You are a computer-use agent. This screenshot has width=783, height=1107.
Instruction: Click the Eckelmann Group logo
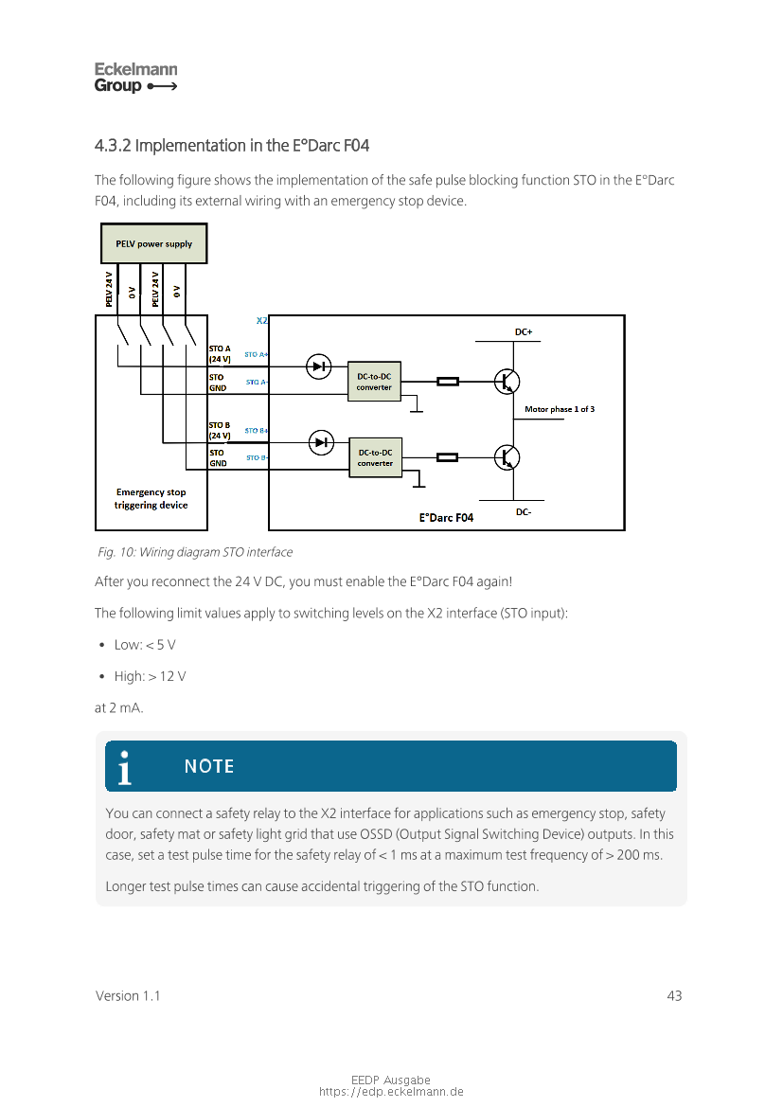click(135, 78)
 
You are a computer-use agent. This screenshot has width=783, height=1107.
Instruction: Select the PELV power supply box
click(153, 244)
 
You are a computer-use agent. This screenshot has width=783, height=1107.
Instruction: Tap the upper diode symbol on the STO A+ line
click(320, 366)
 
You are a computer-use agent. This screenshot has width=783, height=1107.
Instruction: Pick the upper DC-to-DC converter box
click(374, 382)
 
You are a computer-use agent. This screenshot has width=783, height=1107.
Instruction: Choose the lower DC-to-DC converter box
click(375, 457)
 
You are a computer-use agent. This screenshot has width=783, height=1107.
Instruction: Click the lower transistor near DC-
click(507, 457)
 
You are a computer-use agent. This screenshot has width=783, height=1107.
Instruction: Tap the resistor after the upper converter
click(447, 382)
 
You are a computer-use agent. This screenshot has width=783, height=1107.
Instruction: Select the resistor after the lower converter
click(447, 457)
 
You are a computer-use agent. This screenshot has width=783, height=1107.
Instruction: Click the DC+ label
click(523, 332)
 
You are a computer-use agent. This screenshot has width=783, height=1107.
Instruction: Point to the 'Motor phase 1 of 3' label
click(560, 409)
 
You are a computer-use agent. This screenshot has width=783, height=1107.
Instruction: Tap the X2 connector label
click(262, 321)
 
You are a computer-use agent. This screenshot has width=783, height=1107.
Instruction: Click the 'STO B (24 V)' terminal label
click(220, 431)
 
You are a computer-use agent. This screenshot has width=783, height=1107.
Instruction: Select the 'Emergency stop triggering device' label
click(151, 498)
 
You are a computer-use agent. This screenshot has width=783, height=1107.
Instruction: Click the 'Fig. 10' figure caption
click(195, 552)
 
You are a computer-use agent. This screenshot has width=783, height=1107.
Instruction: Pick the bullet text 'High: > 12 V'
click(151, 676)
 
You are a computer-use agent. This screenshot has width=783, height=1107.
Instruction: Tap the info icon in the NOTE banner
click(125, 767)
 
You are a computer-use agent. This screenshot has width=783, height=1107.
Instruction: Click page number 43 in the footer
click(674, 996)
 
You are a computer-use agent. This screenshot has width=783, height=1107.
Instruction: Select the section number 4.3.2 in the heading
click(113, 146)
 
